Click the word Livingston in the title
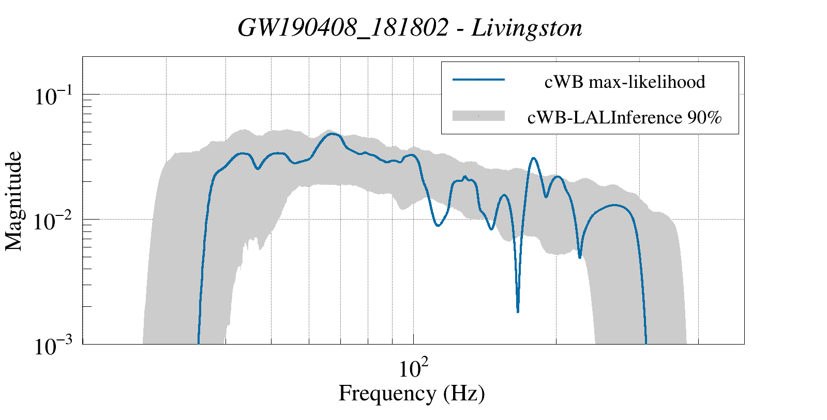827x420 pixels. pos(527,28)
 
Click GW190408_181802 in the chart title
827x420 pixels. pos(343,28)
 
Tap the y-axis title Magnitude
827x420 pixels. pos(14,201)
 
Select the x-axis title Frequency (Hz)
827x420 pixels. pos(412,393)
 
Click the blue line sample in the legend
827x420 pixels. pos(478,80)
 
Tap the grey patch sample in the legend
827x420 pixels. pos(478,116)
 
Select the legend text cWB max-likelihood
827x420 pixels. pos(625,82)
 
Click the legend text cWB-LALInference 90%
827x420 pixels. pos(624,118)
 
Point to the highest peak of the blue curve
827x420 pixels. pos(334,134)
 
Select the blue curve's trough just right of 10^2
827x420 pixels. pos(438,226)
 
